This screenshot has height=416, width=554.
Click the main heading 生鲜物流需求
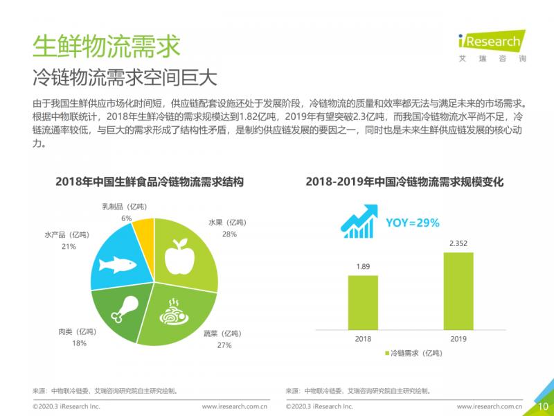tap(106, 45)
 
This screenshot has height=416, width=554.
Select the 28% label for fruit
tap(229, 234)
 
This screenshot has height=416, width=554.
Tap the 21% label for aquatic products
tap(69, 246)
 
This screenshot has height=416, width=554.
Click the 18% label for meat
tap(79, 343)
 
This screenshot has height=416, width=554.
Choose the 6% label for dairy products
tap(126, 218)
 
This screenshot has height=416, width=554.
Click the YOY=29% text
tap(412, 223)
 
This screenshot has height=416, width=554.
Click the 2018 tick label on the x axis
tap(363, 338)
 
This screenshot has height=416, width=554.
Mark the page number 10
tap(542, 406)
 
